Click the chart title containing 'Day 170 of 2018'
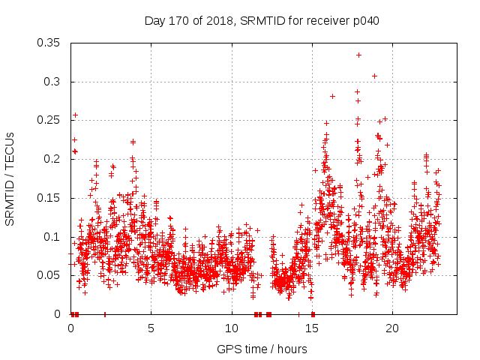click(262, 21)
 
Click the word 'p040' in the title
click(365, 21)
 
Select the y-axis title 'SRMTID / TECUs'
click(10, 179)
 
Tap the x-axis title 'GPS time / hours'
click(262, 349)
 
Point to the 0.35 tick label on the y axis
click(49, 43)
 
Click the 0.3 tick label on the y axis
click(52, 82)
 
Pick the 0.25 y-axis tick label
click(49, 120)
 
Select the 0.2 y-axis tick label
click(52, 159)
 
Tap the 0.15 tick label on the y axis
click(49, 198)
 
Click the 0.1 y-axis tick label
click(52, 237)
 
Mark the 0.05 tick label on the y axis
click(49, 275)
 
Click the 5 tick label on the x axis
click(151, 328)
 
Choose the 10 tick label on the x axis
click(231, 328)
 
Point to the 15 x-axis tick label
click(312, 328)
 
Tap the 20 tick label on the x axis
click(392, 328)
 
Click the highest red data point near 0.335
click(358, 55)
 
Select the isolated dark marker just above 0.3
click(374, 76)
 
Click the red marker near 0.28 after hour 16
click(332, 96)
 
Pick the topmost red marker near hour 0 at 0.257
click(75, 115)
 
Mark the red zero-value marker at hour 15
click(313, 314)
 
